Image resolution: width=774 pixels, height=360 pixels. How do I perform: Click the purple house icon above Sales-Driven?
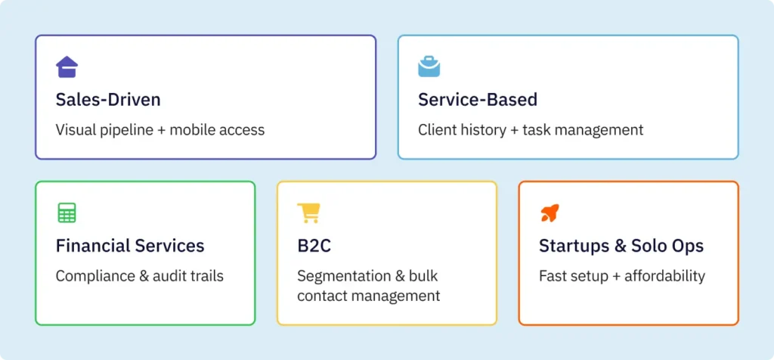67,67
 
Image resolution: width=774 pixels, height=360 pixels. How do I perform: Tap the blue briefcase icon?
429,67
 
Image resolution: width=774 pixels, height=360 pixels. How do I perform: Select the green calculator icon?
67,213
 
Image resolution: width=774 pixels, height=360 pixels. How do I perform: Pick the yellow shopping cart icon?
308,213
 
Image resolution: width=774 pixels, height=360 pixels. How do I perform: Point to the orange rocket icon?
550,213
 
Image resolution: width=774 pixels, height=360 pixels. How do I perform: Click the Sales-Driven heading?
108,100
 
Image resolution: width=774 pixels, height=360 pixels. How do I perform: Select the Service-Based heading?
478,100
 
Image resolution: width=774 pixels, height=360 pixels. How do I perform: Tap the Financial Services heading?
130,246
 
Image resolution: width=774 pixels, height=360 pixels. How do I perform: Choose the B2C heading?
314,246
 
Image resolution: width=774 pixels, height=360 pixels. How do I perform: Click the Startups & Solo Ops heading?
621,246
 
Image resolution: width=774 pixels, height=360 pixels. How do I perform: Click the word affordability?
661,276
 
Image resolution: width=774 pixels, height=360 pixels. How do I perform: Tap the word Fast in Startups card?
553,276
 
